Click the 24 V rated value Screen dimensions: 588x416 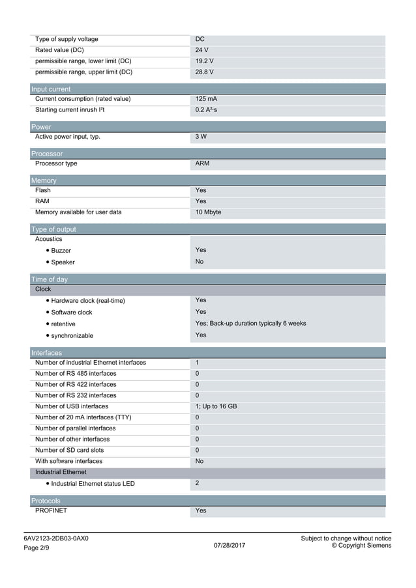pyautogui.click(x=201, y=50)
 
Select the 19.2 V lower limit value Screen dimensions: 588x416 pyautogui.click(x=204, y=61)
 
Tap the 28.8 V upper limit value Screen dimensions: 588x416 pyautogui.click(x=204, y=72)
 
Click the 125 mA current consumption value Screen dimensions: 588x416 pyautogui.click(x=206, y=99)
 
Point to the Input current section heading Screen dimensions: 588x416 pyautogui.click(x=51, y=89)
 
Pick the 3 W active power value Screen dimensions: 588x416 pyautogui.click(x=201, y=137)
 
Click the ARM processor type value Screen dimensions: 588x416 pyautogui.click(x=202, y=163)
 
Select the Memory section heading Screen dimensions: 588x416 pyautogui.click(x=44, y=180)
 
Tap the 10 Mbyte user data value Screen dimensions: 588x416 pyautogui.click(x=209, y=212)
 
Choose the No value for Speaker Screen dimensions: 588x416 pyautogui.click(x=200, y=262)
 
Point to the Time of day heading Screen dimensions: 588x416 pyautogui.click(x=50, y=279)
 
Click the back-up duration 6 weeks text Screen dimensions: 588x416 pyautogui.click(x=250, y=324)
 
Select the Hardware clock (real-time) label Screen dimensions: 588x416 pyautogui.click(x=87, y=301)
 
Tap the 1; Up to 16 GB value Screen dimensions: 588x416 pyautogui.click(x=216, y=406)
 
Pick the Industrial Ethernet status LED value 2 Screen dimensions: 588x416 pyautogui.click(x=198, y=483)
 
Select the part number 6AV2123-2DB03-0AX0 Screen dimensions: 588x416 pyautogui.click(x=56, y=539)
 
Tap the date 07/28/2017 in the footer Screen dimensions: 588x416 pyautogui.click(x=230, y=545)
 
